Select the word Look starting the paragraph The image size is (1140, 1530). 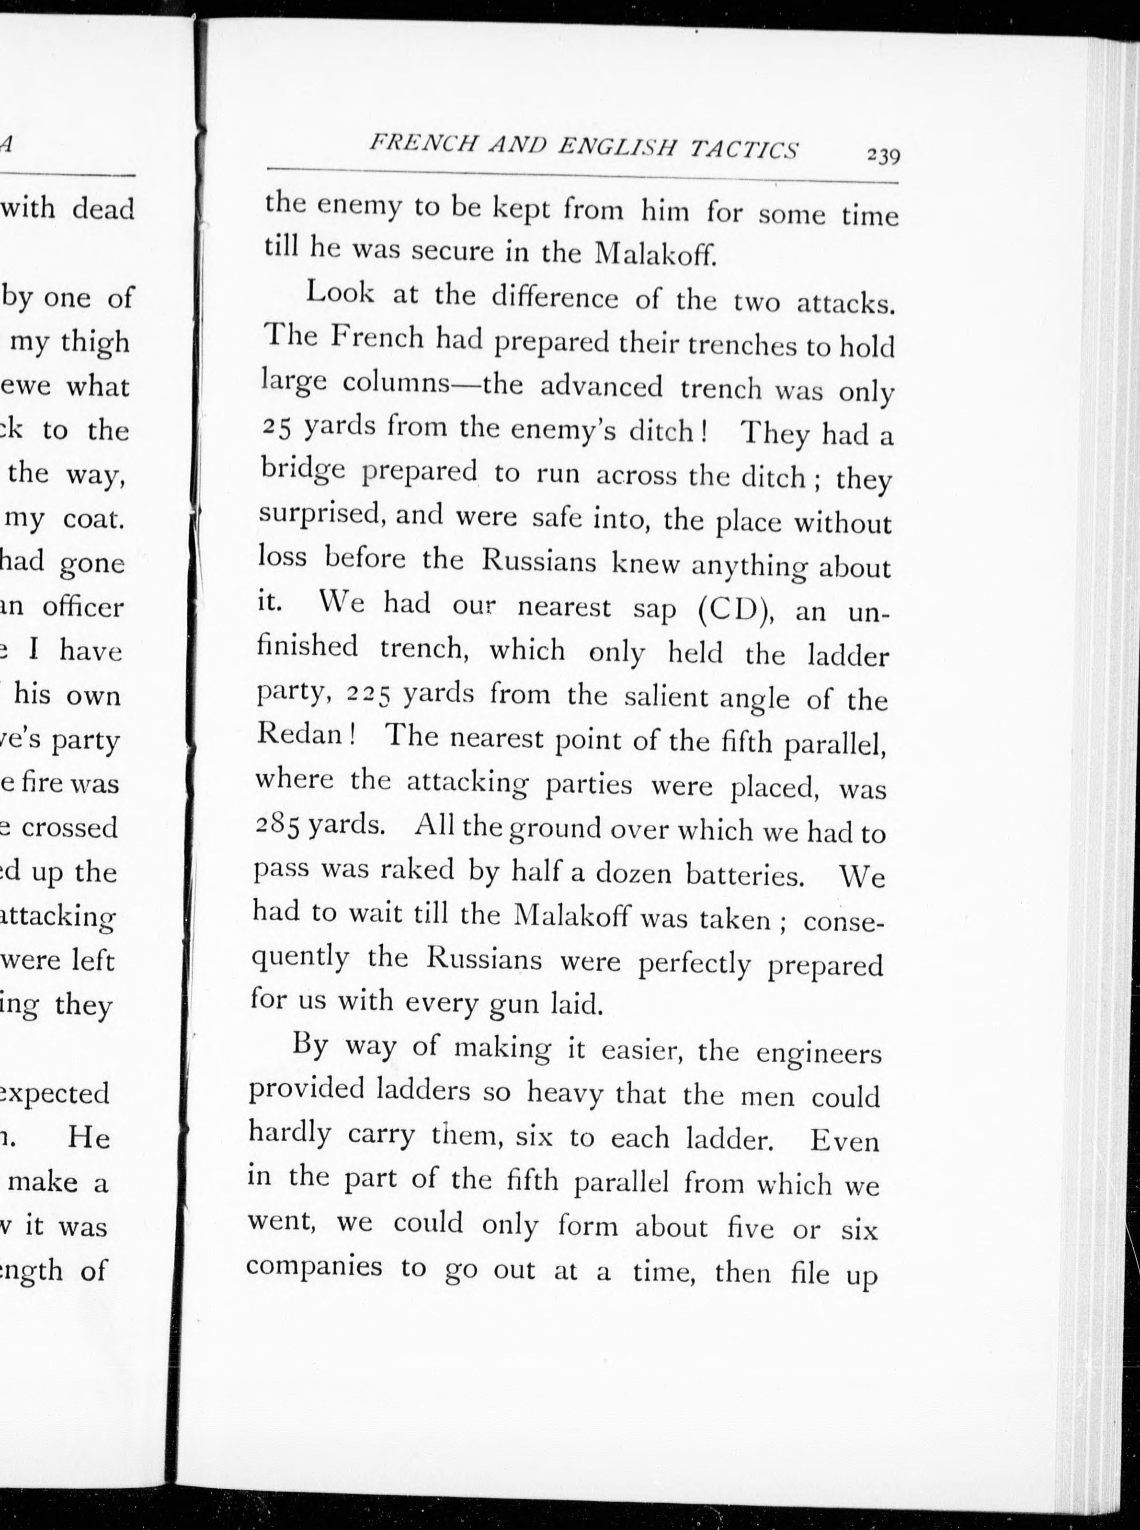(340, 293)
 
